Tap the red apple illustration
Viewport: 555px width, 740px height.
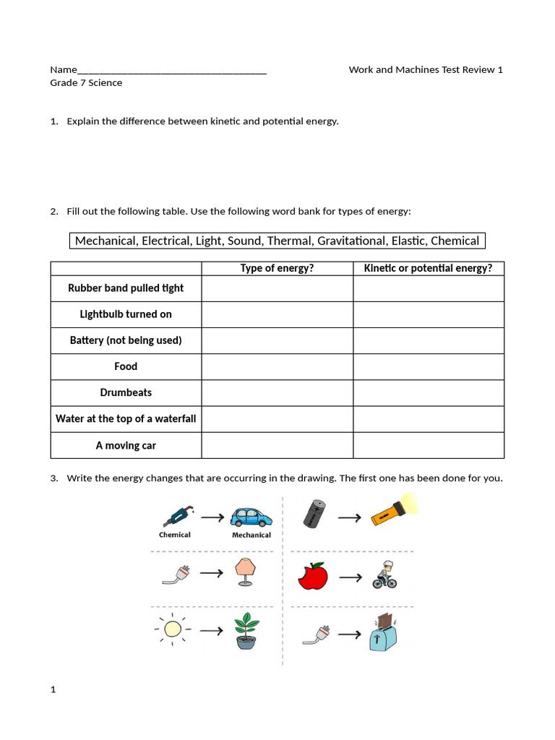(312, 576)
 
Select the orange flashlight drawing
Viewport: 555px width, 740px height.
(395, 511)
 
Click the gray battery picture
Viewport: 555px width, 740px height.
(314, 514)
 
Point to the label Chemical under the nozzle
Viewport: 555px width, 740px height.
(174, 535)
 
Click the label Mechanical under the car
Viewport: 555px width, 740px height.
(251, 535)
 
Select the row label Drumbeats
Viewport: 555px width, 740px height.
(126, 392)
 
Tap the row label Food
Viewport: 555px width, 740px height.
(126, 366)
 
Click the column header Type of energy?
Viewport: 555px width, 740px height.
(277, 269)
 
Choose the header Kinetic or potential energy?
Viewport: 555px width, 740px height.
(428, 269)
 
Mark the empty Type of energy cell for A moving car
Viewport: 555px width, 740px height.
(277, 445)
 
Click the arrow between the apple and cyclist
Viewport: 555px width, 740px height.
(350, 577)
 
